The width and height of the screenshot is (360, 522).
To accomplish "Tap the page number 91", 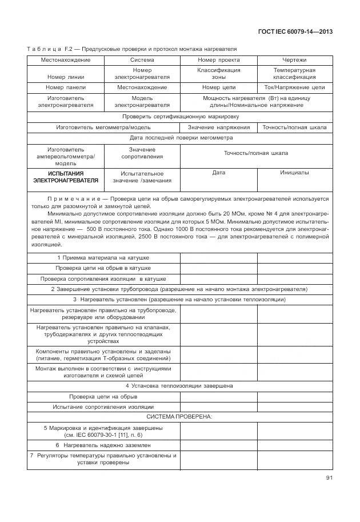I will [329, 477].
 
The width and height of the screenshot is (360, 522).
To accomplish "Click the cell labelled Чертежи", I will [294, 59].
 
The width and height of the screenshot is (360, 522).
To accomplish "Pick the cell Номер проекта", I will [218, 59].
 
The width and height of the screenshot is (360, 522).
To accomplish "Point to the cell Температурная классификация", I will [294, 73].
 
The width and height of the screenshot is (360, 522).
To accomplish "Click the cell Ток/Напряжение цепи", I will [294, 87].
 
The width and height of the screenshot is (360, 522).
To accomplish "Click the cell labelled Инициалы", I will [294, 172].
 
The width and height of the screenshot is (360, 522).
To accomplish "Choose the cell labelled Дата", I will [218, 172].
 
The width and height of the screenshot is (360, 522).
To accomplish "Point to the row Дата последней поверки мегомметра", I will [179, 137].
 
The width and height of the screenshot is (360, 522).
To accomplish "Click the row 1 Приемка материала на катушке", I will [103, 257].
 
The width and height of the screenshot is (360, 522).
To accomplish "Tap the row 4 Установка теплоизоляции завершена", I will [179, 385].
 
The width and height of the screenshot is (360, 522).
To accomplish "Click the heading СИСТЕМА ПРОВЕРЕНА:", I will [179, 416].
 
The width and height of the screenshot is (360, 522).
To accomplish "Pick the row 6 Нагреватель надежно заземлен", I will [103, 444].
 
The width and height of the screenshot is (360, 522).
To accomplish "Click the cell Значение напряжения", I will [218, 127].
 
